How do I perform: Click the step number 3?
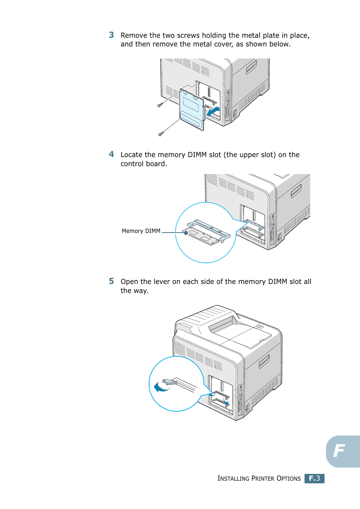111,35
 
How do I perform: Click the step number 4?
111,154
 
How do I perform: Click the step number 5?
111,281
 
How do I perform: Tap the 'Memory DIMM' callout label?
141,231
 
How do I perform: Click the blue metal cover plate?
192,109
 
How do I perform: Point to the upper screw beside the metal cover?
160,105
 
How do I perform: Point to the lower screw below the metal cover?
161,134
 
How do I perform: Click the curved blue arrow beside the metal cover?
214,111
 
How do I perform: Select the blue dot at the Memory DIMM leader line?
186,233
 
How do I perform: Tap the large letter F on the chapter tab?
339,451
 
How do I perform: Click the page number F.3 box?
314,478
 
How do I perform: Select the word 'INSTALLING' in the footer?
233,479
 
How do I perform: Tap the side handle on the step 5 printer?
264,362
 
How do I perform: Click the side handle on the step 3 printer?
251,68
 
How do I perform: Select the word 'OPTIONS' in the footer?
289,479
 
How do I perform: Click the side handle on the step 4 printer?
296,191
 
